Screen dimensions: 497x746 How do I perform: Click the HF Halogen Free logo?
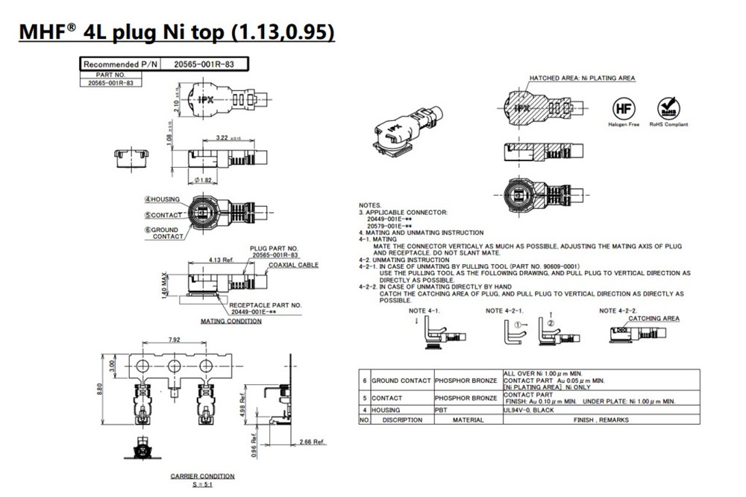[x=624, y=107]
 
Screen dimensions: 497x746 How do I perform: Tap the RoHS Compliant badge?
[x=668, y=107]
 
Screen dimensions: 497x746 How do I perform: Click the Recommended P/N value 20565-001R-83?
[x=204, y=65]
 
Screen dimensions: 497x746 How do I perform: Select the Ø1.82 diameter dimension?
[x=204, y=181]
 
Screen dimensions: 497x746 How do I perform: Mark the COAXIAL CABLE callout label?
[x=294, y=265]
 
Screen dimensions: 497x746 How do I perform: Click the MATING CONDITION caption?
[x=231, y=321]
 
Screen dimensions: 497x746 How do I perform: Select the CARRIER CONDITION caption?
[x=202, y=476]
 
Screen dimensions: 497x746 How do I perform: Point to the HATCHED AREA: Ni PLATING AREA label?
[x=582, y=78]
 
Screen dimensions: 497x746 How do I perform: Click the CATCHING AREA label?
[x=653, y=319]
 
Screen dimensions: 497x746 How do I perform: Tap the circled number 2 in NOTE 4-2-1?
[x=550, y=325]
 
